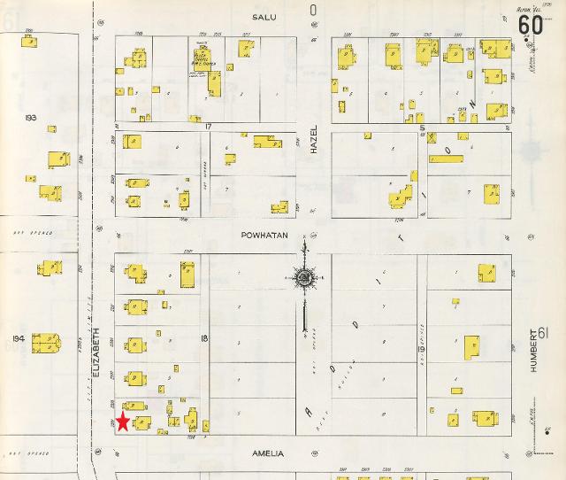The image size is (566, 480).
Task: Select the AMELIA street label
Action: (x=266, y=454)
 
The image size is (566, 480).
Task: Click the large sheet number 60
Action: (x=531, y=26)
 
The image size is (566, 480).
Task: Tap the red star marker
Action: (x=123, y=422)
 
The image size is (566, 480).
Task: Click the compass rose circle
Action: (x=304, y=280)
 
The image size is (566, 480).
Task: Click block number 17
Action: (x=210, y=128)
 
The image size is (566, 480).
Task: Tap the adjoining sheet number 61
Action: (x=543, y=333)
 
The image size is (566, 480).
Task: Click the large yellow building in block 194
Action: (x=44, y=342)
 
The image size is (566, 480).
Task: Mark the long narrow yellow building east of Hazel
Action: (x=446, y=159)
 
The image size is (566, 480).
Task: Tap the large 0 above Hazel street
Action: (x=312, y=11)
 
